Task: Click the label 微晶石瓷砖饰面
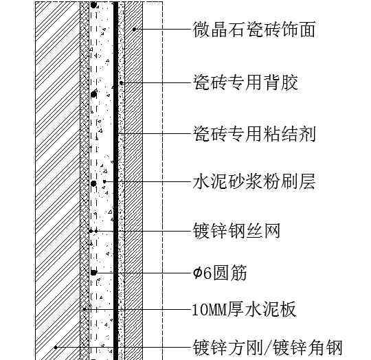pos(254,30)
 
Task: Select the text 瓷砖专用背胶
pos(245,82)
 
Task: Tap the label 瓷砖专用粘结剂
pos(254,134)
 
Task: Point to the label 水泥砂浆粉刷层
pos(254,181)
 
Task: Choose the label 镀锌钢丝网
pos(236,231)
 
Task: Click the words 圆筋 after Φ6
pos(229,273)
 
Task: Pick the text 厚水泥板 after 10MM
pos(262,309)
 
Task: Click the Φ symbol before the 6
pos(197,273)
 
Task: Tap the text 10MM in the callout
pos(210,310)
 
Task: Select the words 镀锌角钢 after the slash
pos(307,348)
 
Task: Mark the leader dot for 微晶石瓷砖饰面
pos(134,30)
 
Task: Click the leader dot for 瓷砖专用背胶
pos(121,82)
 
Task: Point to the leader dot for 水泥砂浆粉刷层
pos(104,181)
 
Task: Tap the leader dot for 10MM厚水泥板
pos(85,309)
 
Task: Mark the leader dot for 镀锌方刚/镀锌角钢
pos(56,348)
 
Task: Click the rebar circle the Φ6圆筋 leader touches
pos(94,273)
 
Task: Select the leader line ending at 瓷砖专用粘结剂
pos(155,134)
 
